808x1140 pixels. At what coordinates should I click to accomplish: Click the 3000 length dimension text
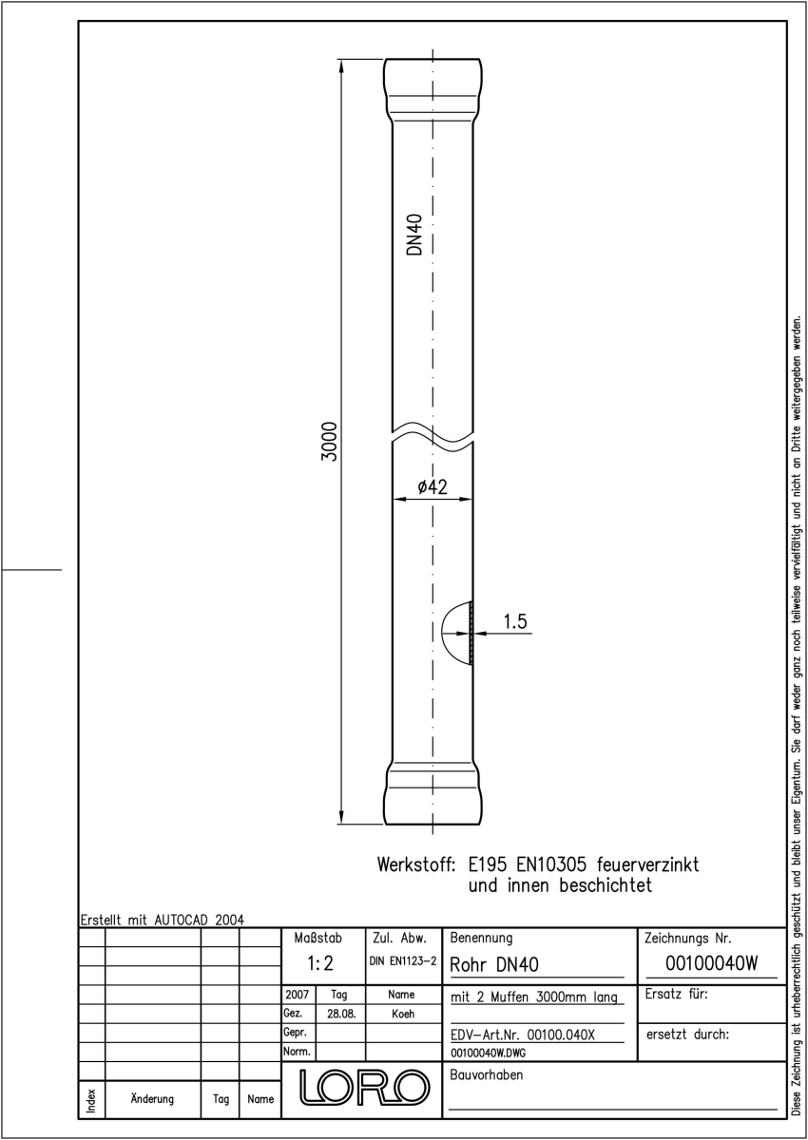[x=331, y=441]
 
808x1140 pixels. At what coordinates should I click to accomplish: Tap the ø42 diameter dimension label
[x=433, y=487]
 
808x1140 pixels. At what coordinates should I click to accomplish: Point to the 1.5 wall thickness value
[x=515, y=621]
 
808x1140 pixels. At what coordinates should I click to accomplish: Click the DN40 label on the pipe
[x=415, y=234]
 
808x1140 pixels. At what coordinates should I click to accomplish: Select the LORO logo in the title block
[x=364, y=1088]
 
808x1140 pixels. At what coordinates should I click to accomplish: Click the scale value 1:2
[x=320, y=963]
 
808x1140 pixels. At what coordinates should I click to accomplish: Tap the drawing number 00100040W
[x=712, y=963]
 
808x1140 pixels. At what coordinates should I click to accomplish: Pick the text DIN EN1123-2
[x=403, y=961]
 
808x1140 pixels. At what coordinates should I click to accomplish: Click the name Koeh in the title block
[x=403, y=1014]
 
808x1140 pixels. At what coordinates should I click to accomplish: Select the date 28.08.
[x=341, y=1014]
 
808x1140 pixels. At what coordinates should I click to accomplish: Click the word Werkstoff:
[x=416, y=864]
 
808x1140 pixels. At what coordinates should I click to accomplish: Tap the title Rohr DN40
[x=494, y=965]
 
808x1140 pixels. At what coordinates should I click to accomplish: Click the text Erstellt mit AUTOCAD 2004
[x=163, y=920]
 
